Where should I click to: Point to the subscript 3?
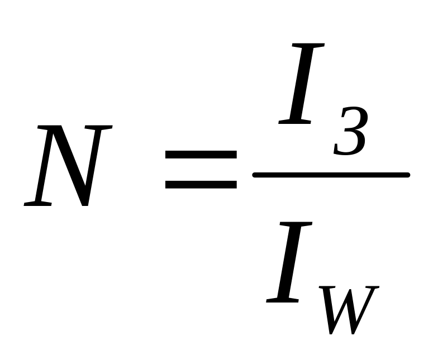(350, 132)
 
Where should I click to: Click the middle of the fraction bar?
(331, 175)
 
